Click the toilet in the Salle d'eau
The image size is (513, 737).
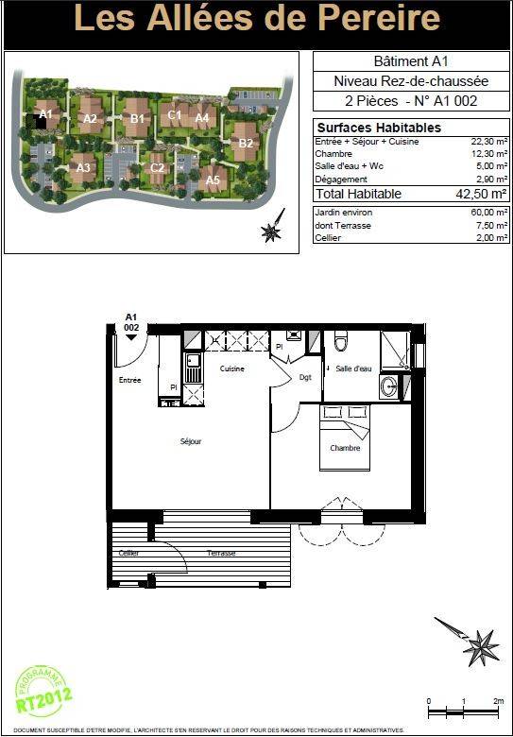(x=341, y=341)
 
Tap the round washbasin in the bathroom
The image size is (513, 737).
(x=389, y=386)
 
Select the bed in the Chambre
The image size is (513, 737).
(x=345, y=437)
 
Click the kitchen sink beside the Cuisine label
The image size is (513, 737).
(x=193, y=368)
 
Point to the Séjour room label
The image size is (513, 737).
(x=191, y=442)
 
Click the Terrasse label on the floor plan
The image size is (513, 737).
(x=221, y=553)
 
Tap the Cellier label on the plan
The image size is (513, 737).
(x=128, y=553)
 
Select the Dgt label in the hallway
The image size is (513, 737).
(x=305, y=377)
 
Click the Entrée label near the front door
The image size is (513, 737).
(x=129, y=380)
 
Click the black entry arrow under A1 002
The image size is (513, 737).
(x=131, y=337)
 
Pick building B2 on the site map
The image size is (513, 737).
(x=246, y=142)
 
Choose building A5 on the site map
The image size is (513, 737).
(x=213, y=180)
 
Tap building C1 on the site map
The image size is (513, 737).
(x=174, y=114)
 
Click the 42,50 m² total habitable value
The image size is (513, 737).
(x=481, y=194)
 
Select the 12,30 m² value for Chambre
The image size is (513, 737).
(x=489, y=154)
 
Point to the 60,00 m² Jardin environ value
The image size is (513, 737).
(x=489, y=213)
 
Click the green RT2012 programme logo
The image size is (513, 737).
(x=43, y=692)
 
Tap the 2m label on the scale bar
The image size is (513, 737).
(x=499, y=701)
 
